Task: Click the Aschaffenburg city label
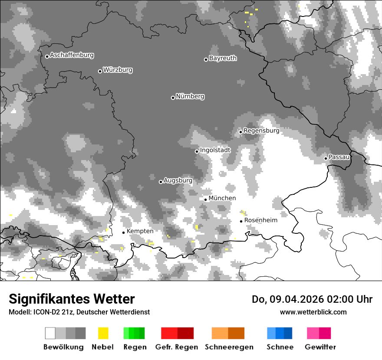point(72,55)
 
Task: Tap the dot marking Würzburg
point(100,71)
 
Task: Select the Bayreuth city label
point(223,58)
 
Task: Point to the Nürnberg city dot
point(173,98)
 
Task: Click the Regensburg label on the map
point(261,131)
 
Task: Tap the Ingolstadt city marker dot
point(197,151)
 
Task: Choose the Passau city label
point(339,157)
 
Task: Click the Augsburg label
point(178,180)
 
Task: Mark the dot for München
point(206,200)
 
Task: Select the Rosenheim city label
point(260,220)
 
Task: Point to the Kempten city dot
point(123,232)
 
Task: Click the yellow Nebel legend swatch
point(103,333)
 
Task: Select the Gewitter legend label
point(320,347)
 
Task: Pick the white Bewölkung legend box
point(50,333)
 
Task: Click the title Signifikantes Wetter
point(72,299)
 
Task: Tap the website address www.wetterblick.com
point(313,312)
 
